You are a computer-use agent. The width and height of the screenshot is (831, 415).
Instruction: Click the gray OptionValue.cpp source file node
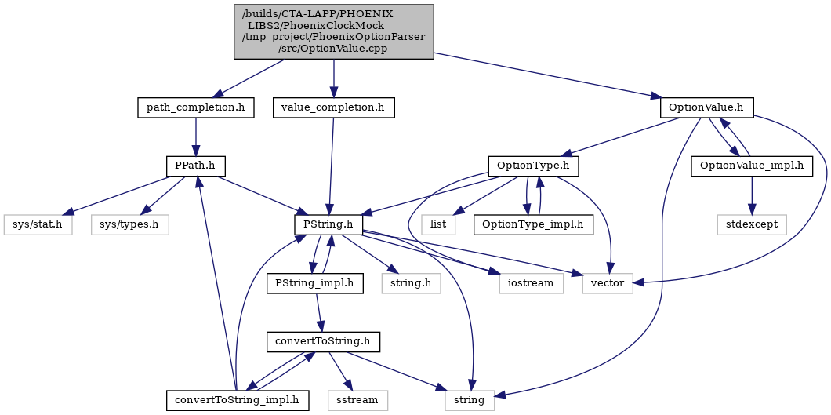coord(334,32)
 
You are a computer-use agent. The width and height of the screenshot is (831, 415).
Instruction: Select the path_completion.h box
coord(195,108)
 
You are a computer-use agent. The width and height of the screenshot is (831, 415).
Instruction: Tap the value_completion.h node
coord(334,108)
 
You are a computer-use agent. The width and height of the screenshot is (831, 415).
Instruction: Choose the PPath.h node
coord(196,166)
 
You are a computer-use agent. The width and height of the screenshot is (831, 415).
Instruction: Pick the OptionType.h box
coord(533,166)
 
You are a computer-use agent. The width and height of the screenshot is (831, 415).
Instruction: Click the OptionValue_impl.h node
coord(752,166)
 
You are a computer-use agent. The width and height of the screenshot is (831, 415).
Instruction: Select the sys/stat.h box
coord(38,224)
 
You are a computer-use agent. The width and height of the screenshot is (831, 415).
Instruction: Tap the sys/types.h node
coord(130,224)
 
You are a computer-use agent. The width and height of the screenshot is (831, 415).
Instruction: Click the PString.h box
coord(328,224)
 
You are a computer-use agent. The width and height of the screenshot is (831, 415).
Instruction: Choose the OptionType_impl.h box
coord(533,224)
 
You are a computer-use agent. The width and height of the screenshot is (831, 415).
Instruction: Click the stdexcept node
coord(753,224)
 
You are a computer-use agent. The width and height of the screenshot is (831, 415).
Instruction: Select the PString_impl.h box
coord(315,283)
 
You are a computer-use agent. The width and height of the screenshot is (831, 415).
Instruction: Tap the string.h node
coord(412,283)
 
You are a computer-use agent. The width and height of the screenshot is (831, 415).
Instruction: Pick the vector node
coord(608,283)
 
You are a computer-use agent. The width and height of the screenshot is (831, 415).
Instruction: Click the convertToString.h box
coord(323,341)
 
